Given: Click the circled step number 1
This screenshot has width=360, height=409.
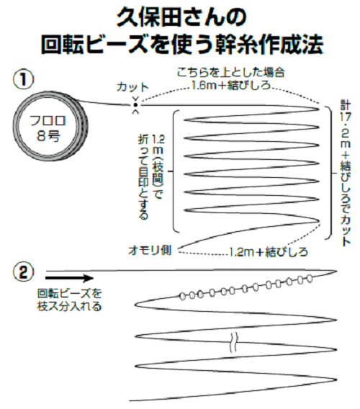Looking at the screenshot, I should click(x=24, y=78).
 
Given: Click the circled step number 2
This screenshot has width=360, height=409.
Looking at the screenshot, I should click(x=24, y=274).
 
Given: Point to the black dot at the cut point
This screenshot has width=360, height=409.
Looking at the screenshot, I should click(x=135, y=106).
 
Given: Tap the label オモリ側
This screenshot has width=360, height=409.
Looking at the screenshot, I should click(x=154, y=249).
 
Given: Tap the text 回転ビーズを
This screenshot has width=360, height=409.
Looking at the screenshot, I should click(x=68, y=294).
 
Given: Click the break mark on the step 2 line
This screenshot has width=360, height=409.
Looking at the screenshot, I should click(x=233, y=340).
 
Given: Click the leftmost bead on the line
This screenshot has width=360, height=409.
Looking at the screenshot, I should click(x=183, y=295).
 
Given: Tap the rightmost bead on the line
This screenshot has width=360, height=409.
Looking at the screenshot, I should click(x=310, y=277).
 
